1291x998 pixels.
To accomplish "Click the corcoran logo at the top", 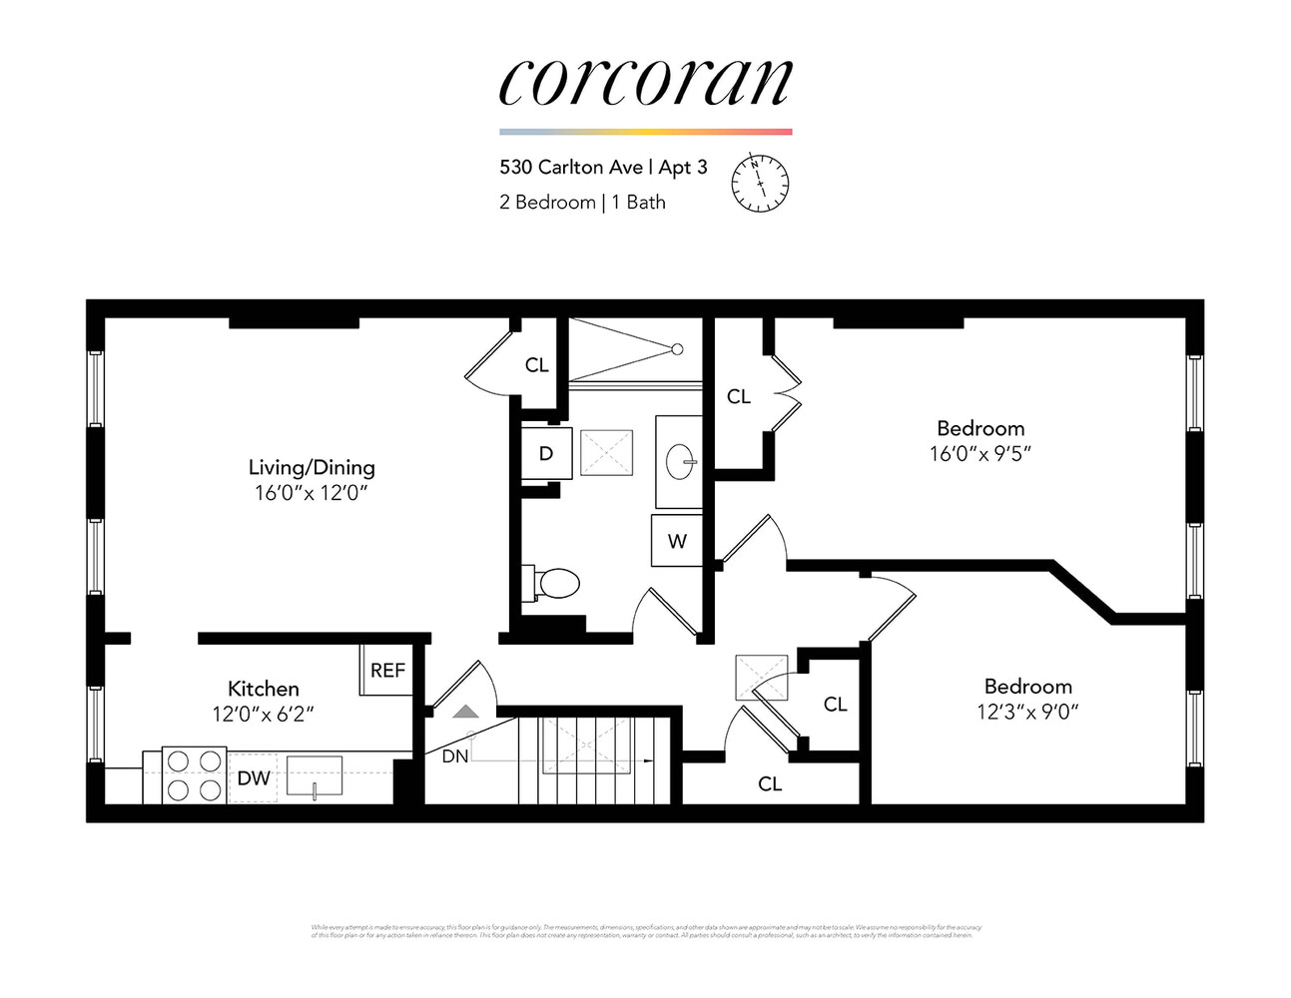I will pyautogui.click(x=645, y=83).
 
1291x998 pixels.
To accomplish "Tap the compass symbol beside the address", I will pyautogui.click(x=760, y=183).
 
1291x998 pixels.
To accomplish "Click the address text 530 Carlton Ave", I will pyautogui.click(x=571, y=167).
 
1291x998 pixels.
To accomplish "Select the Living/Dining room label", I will pyautogui.click(x=312, y=467).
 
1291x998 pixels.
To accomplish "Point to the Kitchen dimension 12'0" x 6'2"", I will pyautogui.click(x=264, y=715).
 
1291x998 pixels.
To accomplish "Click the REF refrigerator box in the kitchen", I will pyautogui.click(x=387, y=671).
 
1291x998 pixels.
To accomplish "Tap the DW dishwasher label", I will pyautogui.click(x=254, y=778).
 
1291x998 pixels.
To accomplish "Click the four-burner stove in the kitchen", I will pyautogui.click(x=194, y=775).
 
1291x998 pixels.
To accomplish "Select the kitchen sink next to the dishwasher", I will pyautogui.click(x=315, y=776).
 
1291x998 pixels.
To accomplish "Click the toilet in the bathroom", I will pyautogui.click(x=554, y=583).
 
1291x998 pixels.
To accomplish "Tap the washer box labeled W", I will pyautogui.click(x=677, y=541).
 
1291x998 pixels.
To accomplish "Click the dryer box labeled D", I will pyautogui.click(x=546, y=453).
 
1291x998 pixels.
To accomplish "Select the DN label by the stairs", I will pyautogui.click(x=455, y=756).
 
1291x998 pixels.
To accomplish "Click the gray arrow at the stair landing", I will pyautogui.click(x=466, y=712).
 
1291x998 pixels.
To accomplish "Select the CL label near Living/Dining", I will pyautogui.click(x=537, y=365).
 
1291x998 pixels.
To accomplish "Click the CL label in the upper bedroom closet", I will pyautogui.click(x=739, y=397).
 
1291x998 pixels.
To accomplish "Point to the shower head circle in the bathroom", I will pyautogui.click(x=677, y=349).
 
